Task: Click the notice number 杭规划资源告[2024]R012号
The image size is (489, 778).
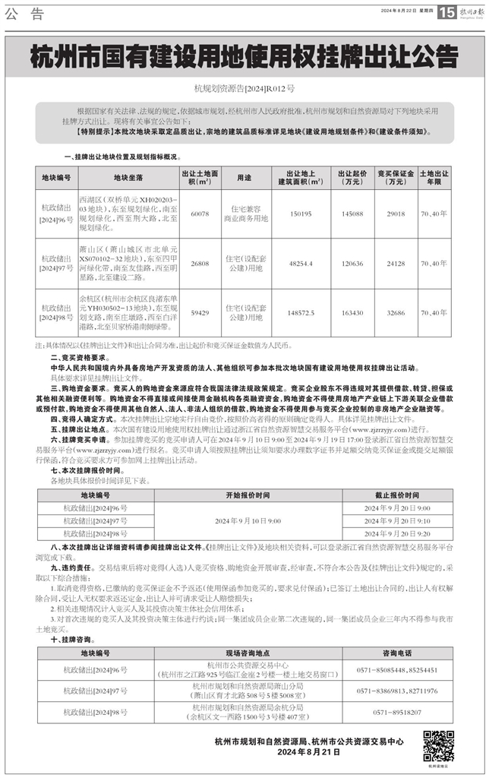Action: tap(244, 89)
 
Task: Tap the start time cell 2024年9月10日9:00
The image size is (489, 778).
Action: tap(248, 520)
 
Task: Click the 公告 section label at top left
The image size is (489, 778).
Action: tap(24, 13)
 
